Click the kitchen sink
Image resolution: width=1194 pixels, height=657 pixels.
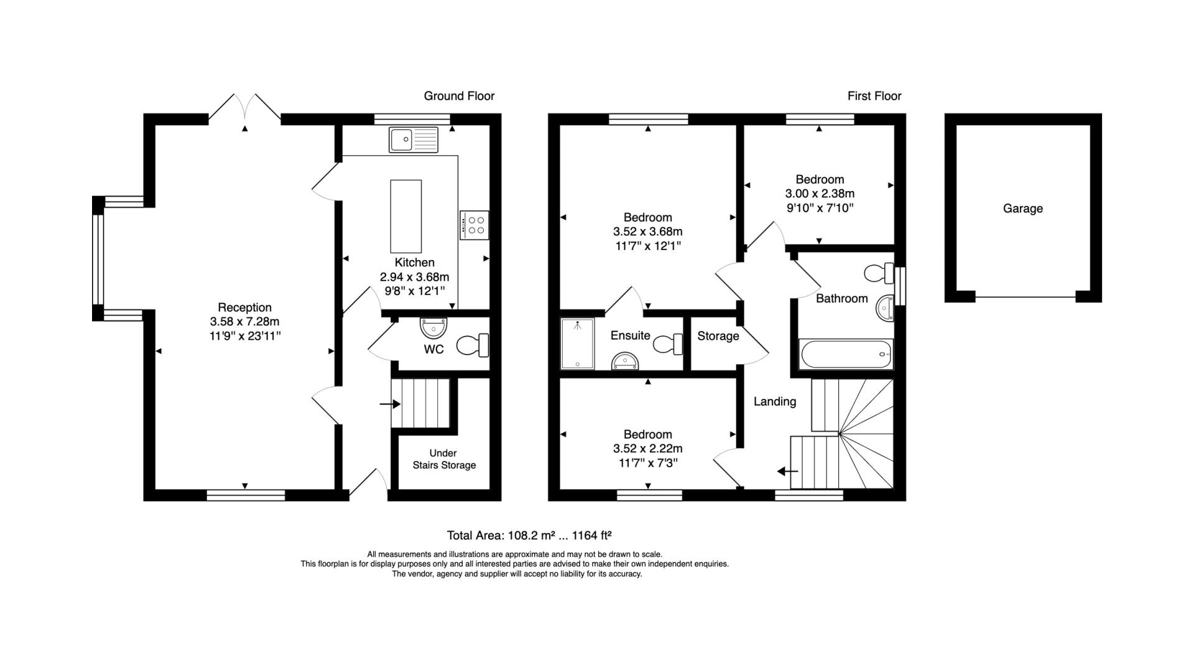click(x=414, y=139)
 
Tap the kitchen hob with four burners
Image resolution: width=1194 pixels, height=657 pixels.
click(x=474, y=225)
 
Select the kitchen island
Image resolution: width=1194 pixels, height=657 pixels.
click(x=405, y=216)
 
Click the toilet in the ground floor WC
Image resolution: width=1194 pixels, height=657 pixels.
click(x=473, y=345)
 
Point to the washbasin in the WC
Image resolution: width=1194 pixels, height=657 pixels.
click(x=433, y=327)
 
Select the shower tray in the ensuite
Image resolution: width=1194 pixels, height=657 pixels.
click(x=578, y=343)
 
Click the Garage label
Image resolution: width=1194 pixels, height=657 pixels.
click(x=1022, y=208)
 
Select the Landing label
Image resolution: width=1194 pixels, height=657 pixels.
click(x=775, y=401)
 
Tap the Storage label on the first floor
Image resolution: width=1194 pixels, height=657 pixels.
click(x=718, y=336)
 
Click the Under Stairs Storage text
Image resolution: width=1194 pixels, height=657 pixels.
click(x=444, y=459)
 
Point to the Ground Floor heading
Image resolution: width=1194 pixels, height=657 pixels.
click(x=459, y=96)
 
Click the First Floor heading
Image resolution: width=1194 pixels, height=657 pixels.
click(x=874, y=96)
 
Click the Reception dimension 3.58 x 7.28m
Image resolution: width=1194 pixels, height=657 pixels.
click(x=244, y=322)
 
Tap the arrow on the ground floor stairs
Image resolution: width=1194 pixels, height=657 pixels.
click(x=390, y=404)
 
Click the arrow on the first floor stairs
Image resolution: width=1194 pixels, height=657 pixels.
click(x=788, y=472)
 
